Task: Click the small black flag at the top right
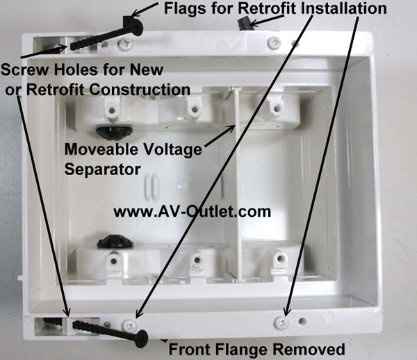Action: click(245, 22)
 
